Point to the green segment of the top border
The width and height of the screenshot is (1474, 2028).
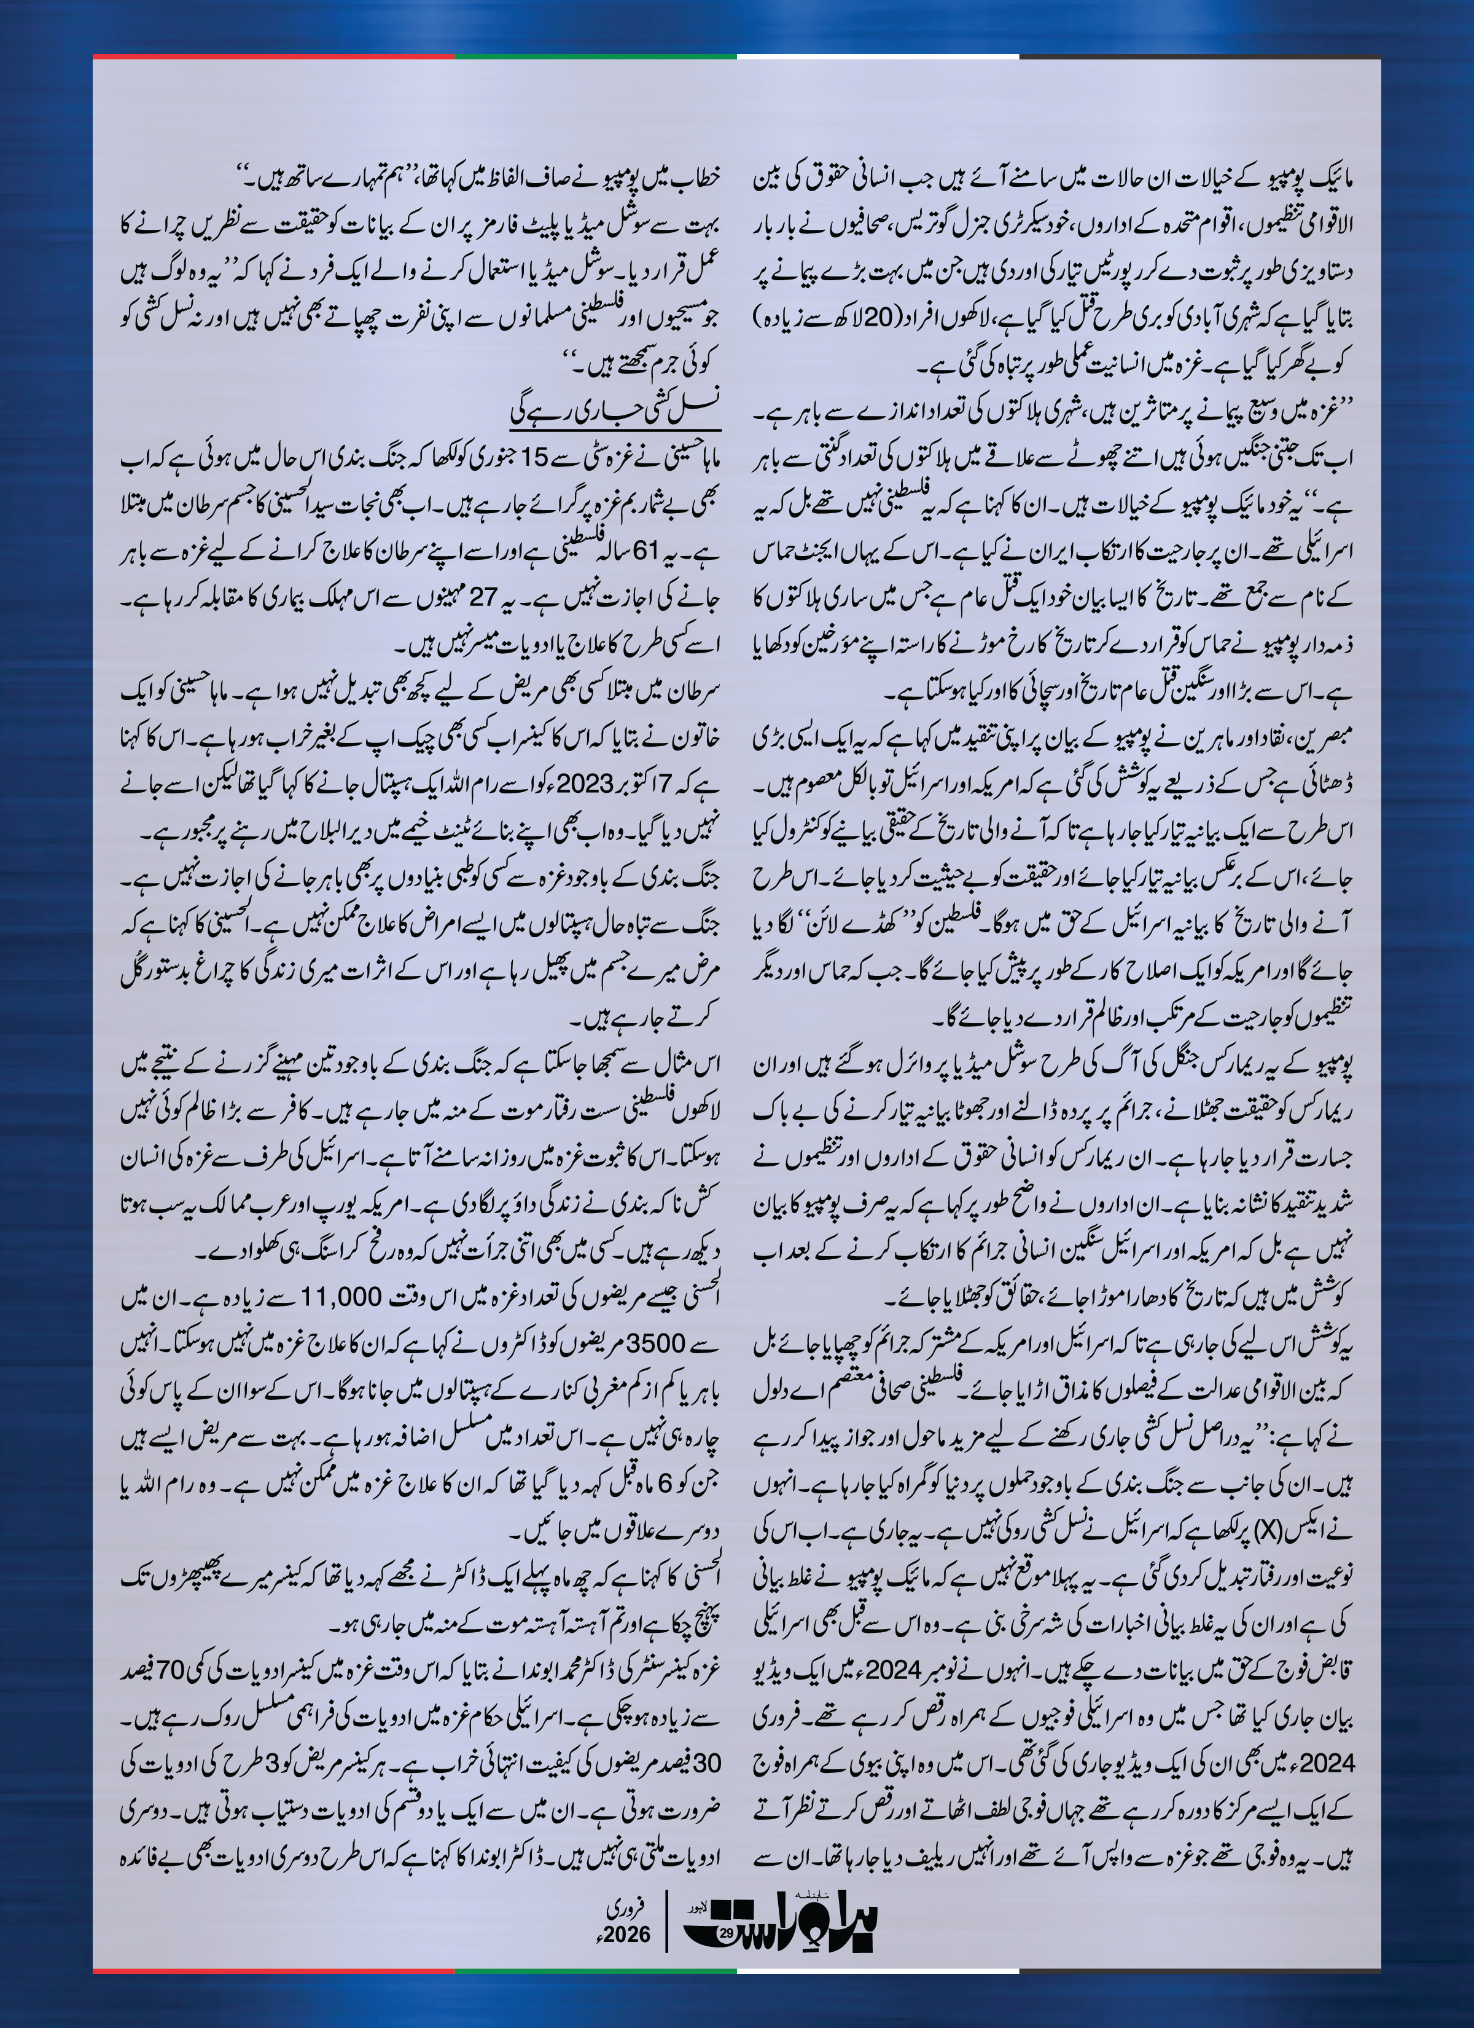pos(595,57)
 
